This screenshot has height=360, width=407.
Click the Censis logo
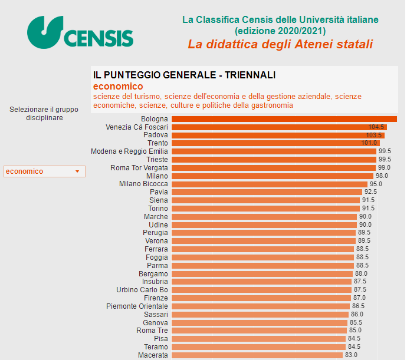coord(80,33)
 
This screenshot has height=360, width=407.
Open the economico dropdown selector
coord(44,171)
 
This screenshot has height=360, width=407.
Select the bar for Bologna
coord(283,119)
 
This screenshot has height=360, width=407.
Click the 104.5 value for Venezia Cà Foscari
coord(376,127)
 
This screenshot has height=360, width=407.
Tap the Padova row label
coord(156,135)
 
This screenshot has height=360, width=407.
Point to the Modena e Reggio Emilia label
coord(129,151)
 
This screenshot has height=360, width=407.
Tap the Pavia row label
coord(159,192)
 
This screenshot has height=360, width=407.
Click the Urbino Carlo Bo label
coord(142,290)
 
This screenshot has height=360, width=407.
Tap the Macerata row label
coord(153,355)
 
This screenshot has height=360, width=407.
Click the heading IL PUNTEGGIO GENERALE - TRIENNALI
coord(184,75)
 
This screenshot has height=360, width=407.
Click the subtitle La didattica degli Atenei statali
coord(280,45)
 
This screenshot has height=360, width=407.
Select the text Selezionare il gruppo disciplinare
coord(44,113)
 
